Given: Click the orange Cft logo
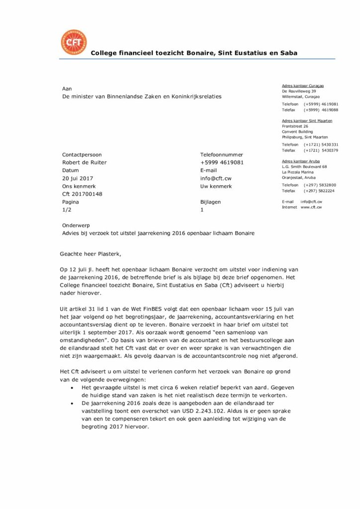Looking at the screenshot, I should [x=73, y=42].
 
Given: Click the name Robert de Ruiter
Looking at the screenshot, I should [x=84, y=163].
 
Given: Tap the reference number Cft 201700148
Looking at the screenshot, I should [x=82, y=194].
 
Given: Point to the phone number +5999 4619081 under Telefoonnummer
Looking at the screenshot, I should [x=222, y=163].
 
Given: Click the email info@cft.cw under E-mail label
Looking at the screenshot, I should [x=216, y=178].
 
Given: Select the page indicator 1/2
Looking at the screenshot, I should [x=67, y=210].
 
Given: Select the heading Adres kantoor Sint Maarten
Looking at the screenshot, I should [x=307, y=121].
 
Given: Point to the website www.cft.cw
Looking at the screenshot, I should [x=311, y=207].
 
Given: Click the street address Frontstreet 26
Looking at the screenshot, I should [x=295, y=126].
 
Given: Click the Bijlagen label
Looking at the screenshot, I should [x=210, y=202].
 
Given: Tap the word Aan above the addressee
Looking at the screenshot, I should [x=67, y=88].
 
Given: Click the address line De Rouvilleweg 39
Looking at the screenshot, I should [x=299, y=91].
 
